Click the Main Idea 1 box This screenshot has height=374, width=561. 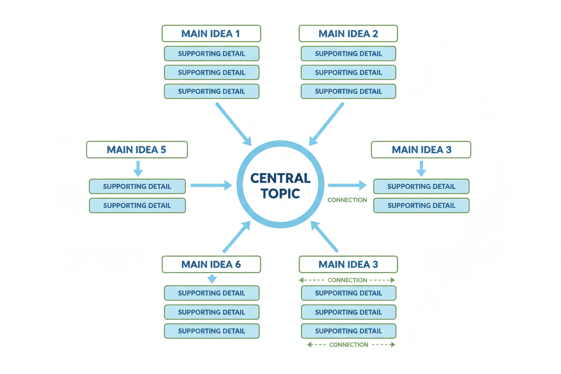[x=211, y=34]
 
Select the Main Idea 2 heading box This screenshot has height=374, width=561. [x=348, y=34]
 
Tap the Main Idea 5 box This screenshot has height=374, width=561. [x=137, y=150]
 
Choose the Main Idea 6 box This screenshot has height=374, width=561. [x=211, y=264]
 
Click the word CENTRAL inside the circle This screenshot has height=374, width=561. [x=280, y=178]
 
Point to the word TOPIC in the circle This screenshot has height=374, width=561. [x=280, y=194]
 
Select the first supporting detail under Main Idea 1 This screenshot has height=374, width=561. [x=211, y=53]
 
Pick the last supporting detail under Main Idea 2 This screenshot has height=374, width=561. [x=348, y=91]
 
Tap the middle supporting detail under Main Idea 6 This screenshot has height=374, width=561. [x=211, y=312]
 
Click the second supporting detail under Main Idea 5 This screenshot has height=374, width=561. [x=137, y=205]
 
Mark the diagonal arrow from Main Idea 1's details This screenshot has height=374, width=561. [x=233, y=124]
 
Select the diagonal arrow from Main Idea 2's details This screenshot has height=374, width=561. [x=327, y=124]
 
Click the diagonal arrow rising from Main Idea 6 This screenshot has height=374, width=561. [x=237, y=236]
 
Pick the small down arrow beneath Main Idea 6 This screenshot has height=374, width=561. [x=212, y=279]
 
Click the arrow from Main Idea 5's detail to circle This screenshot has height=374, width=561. [x=211, y=185]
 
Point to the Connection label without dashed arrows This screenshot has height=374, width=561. [x=347, y=200]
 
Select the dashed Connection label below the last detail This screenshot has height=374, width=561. [x=349, y=345]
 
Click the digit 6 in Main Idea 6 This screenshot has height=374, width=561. [x=237, y=264]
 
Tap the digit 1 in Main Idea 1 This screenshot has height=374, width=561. [x=237, y=34]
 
